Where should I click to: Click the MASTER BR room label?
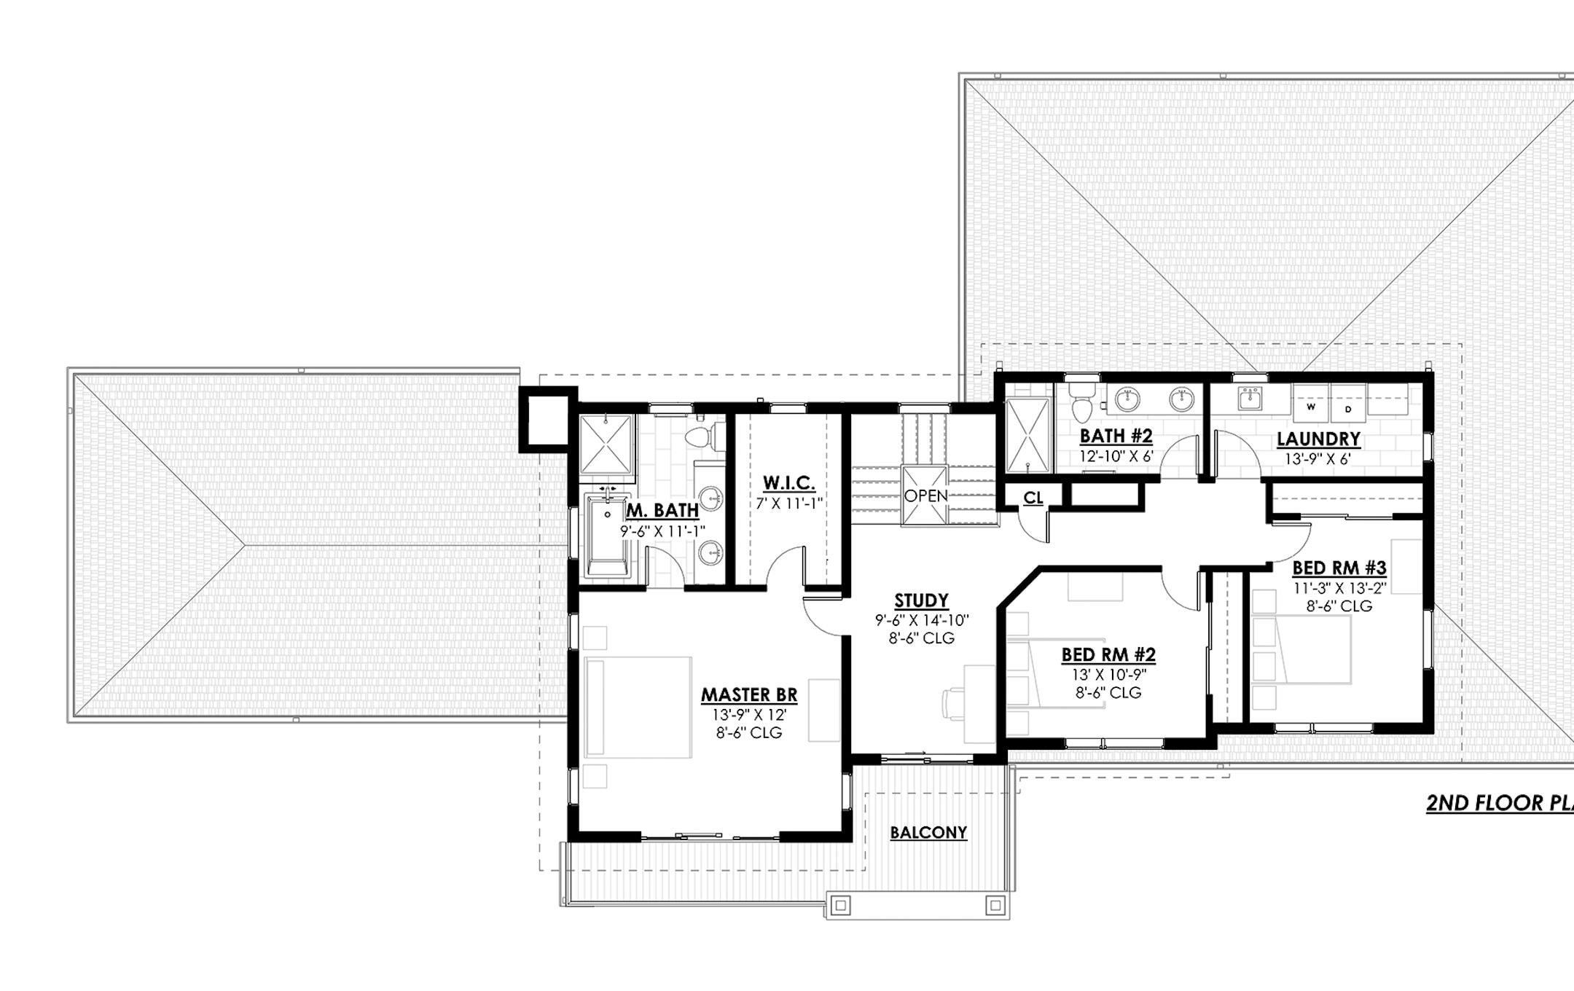(749, 695)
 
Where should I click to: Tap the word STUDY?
(921, 601)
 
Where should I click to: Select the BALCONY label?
(928, 832)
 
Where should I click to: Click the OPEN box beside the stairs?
(925, 495)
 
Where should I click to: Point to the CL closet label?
(1033, 498)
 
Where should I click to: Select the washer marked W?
(1311, 407)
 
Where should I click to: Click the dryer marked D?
(1348, 409)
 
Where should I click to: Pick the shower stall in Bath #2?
(1027, 435)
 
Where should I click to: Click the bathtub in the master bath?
(607, 536)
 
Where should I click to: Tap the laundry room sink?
(1251, 399)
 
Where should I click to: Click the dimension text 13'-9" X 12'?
(749, 715)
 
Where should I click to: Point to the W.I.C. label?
(788, 483)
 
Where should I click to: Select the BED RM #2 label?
(1108, 655)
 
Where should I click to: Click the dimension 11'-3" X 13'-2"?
(1339, 588)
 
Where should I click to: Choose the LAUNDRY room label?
(1318, 439)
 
